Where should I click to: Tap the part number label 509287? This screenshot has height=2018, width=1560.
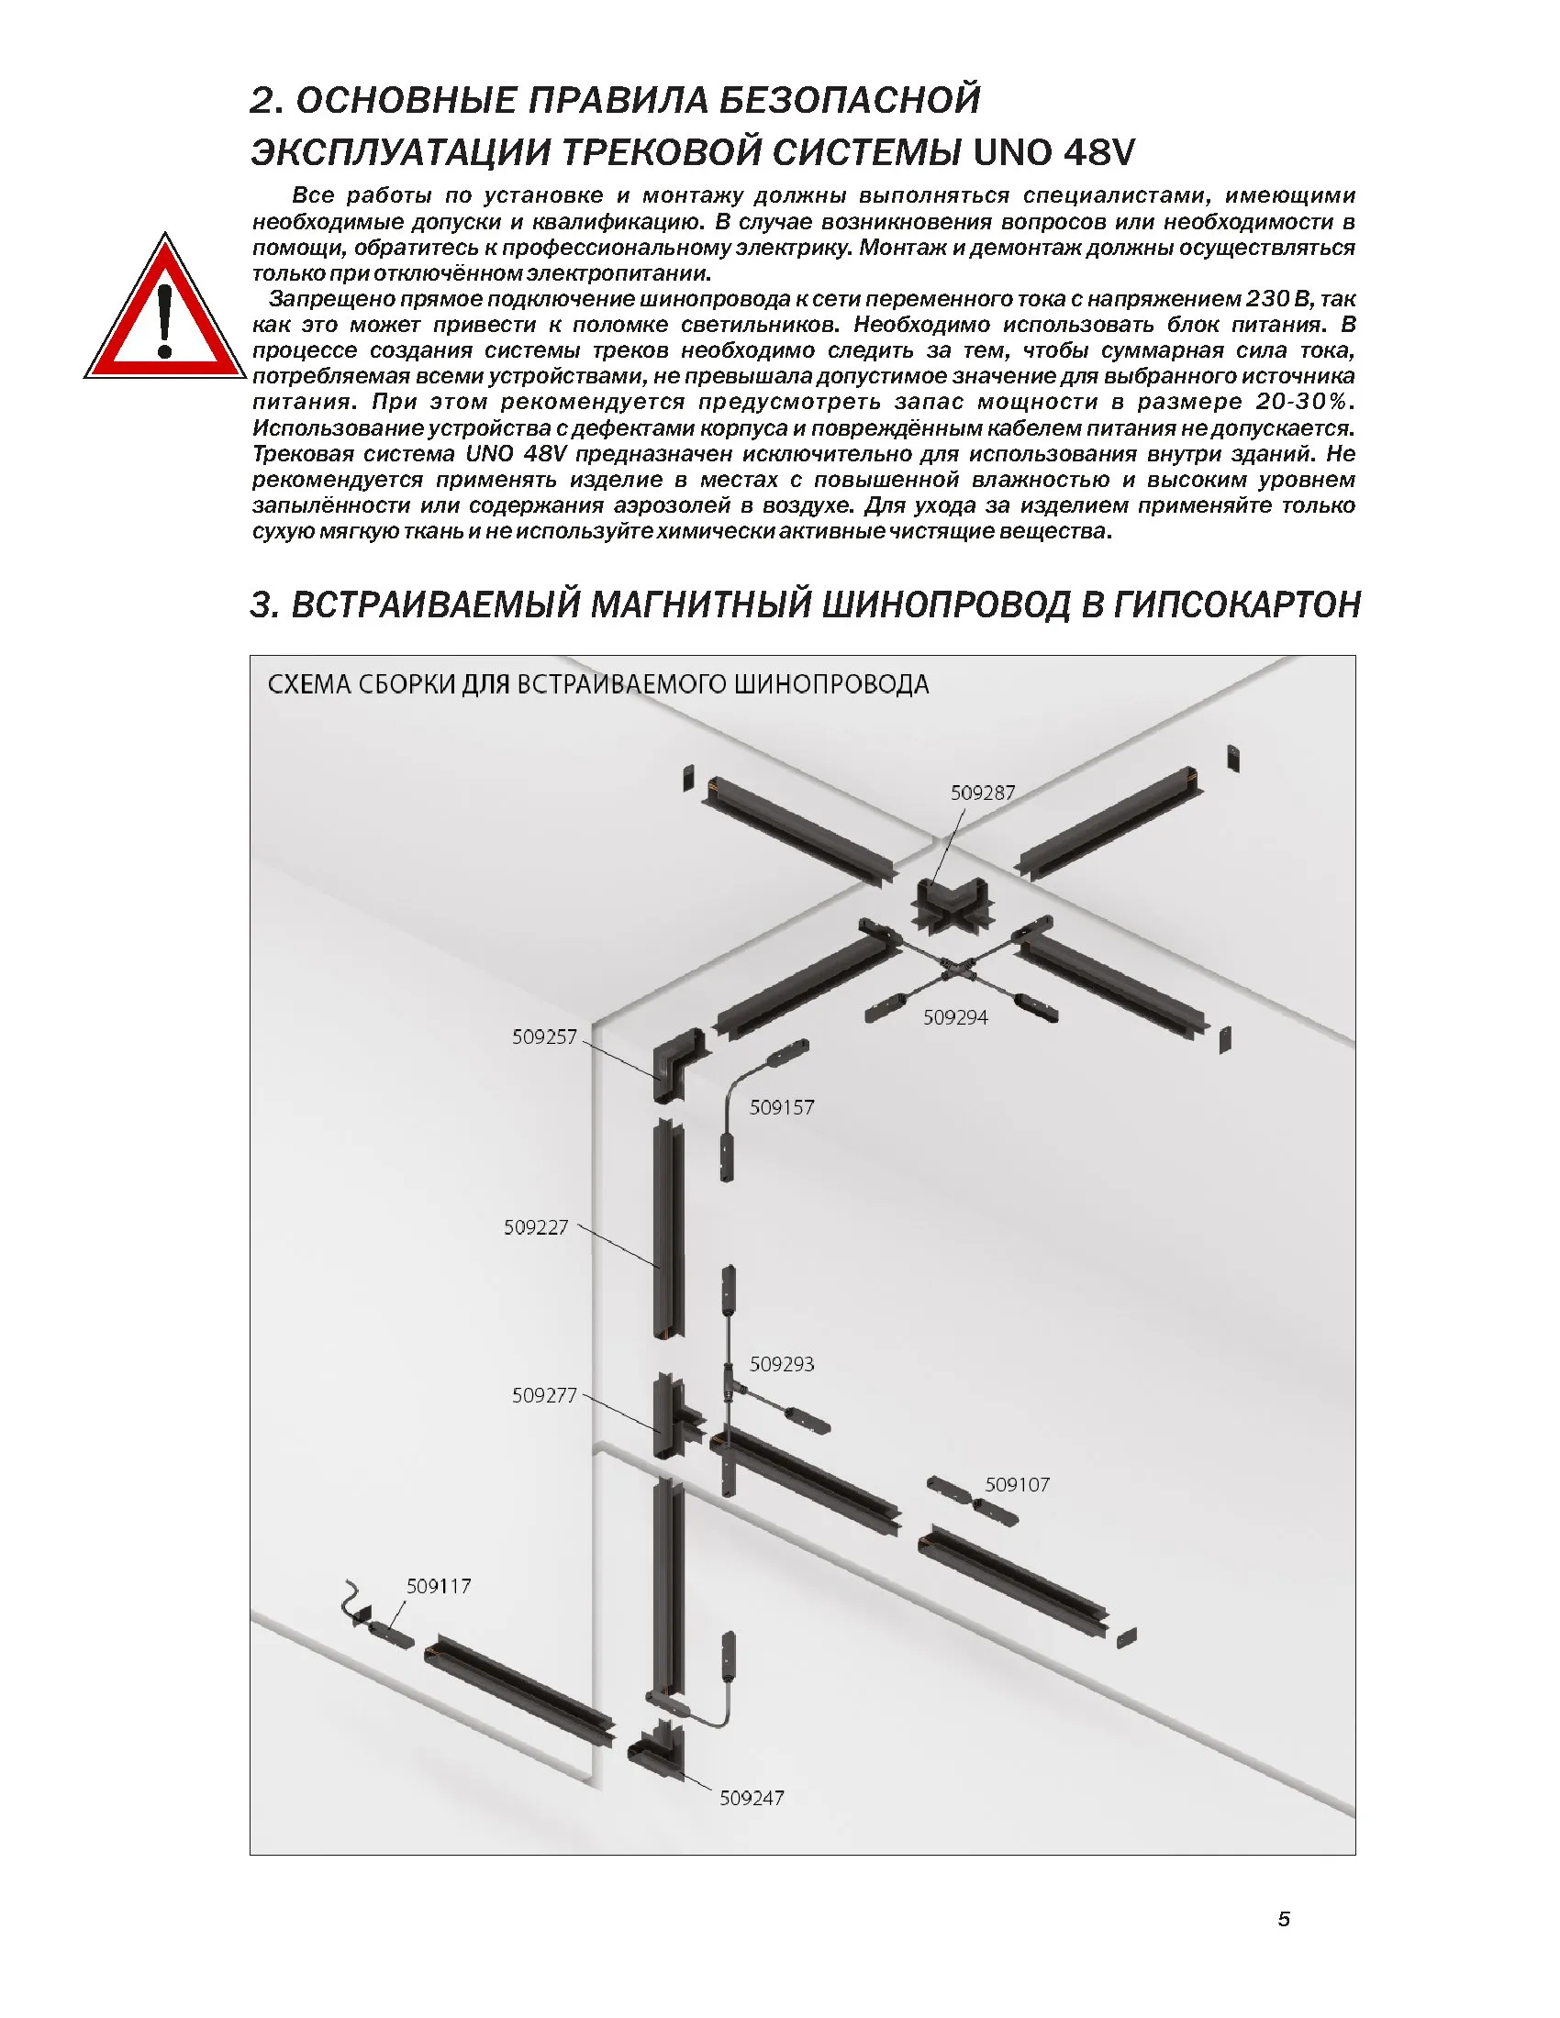coord(983,793)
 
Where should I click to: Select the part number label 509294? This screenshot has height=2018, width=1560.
coord(955,1017)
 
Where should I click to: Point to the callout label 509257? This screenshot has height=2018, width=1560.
coord(544,1037)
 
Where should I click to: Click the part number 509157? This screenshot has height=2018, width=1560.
coord(782,1107)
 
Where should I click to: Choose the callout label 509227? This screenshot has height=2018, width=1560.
coord(536,1227)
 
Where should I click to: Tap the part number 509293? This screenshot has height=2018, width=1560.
coord(782,1364)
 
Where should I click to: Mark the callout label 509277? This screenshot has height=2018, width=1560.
coord(544,1395)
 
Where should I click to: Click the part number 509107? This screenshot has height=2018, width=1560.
coord(1017,1485)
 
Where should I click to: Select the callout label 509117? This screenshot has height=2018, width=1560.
coord(439,1587)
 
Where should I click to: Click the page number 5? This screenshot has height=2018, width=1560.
coord(1284,1919)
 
